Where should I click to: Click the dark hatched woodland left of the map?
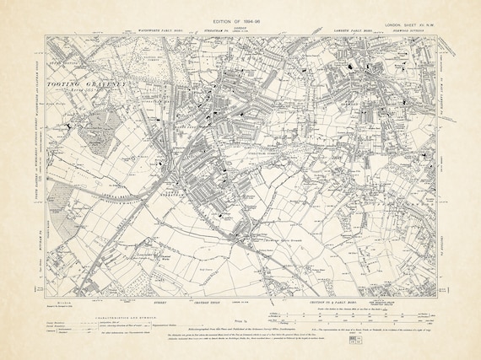point(102,136)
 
